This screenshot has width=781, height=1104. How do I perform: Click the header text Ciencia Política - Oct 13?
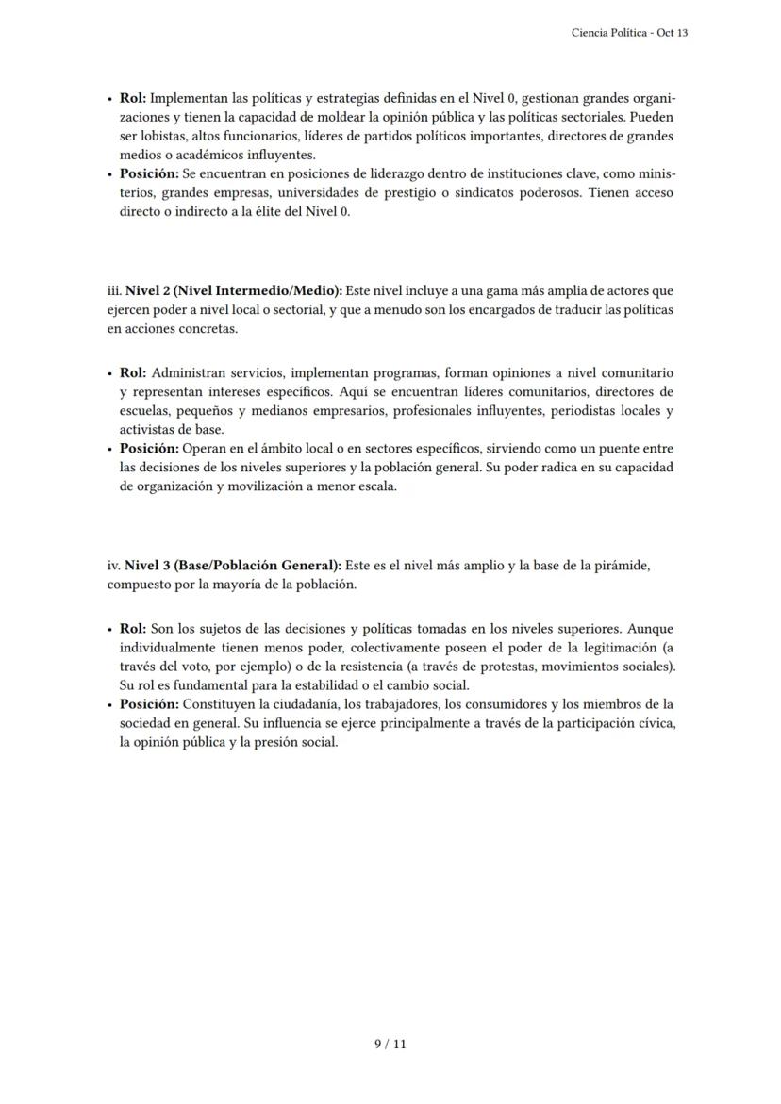pyautogui.click(x=629, y=33)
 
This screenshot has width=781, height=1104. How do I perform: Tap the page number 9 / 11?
pyautogui.click(x=390, y=1044)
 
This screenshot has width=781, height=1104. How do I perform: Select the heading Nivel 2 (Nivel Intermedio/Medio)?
pyautogui.click(x=234, y=291)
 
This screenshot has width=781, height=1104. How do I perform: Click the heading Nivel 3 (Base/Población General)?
pyautogui.click(x=234, y=566)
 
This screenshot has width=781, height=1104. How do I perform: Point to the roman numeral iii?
pyautogui.click(x=114, y=291)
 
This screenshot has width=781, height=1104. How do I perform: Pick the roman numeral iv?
pyautogui.click(x=114, y=566)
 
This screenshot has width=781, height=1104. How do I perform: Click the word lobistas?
pyautogui.click(x=155, y=137)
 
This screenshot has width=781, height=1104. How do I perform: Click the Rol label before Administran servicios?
pyautogui.click(x=133, y=373)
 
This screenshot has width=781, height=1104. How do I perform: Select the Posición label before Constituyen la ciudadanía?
pyautogui.click(x=149, y=704)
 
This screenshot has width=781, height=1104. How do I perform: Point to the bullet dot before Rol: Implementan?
pyautogui.click(x=110, y=99)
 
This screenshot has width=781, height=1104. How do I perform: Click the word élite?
pyautogui.click(x=268, y=212)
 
